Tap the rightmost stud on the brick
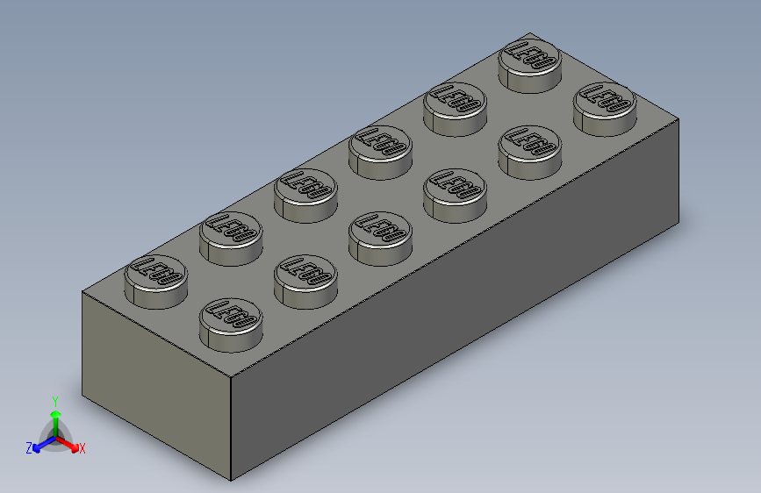point(604,106)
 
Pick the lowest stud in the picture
point(231,321)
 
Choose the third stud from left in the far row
point(305,192)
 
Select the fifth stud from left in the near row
point(529,149)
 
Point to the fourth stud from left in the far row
point(380,149)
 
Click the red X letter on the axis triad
point(83,448)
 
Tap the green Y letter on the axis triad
point(54,400)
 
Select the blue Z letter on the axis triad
point(29,448)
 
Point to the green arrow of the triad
point(54,417)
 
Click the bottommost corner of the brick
point(231,481)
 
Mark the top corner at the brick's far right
point(678,122)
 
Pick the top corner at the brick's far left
point(83,292)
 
